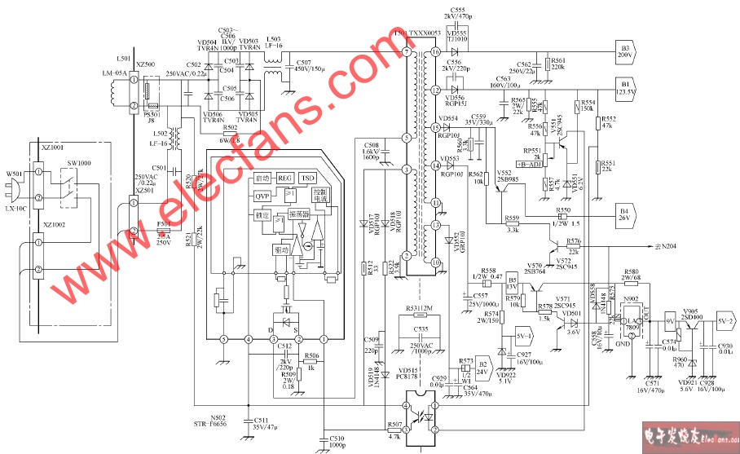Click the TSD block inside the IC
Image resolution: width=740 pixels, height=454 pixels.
click(x=307, y=179)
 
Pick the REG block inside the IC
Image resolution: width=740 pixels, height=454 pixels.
click(x=284, y=179)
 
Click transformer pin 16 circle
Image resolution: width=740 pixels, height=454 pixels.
click(x=435, y=52)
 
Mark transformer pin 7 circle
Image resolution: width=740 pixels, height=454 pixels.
click(x=407, y=52)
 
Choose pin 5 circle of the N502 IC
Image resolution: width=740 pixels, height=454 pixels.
click(x=223, y=338)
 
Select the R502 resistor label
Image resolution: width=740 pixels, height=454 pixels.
click(x=231, y=128)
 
